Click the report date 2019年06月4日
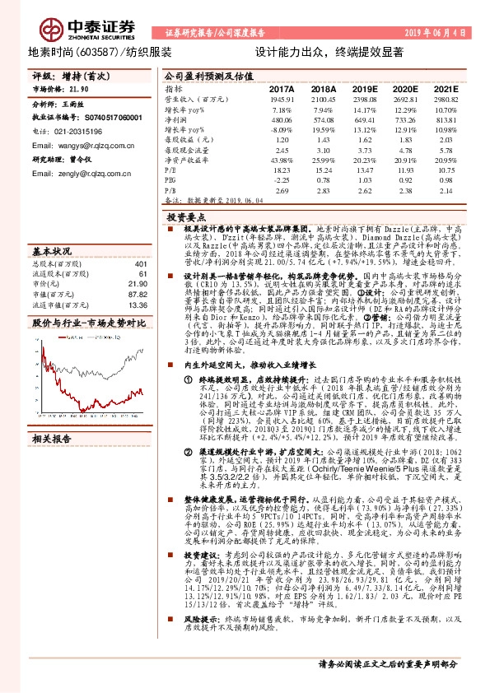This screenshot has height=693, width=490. (436, 33)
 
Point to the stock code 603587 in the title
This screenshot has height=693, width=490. (100, 51)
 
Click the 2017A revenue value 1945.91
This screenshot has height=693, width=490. (281, 98)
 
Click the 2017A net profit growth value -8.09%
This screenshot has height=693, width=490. (282, 131)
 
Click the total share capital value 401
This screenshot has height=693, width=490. (139, 265)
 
